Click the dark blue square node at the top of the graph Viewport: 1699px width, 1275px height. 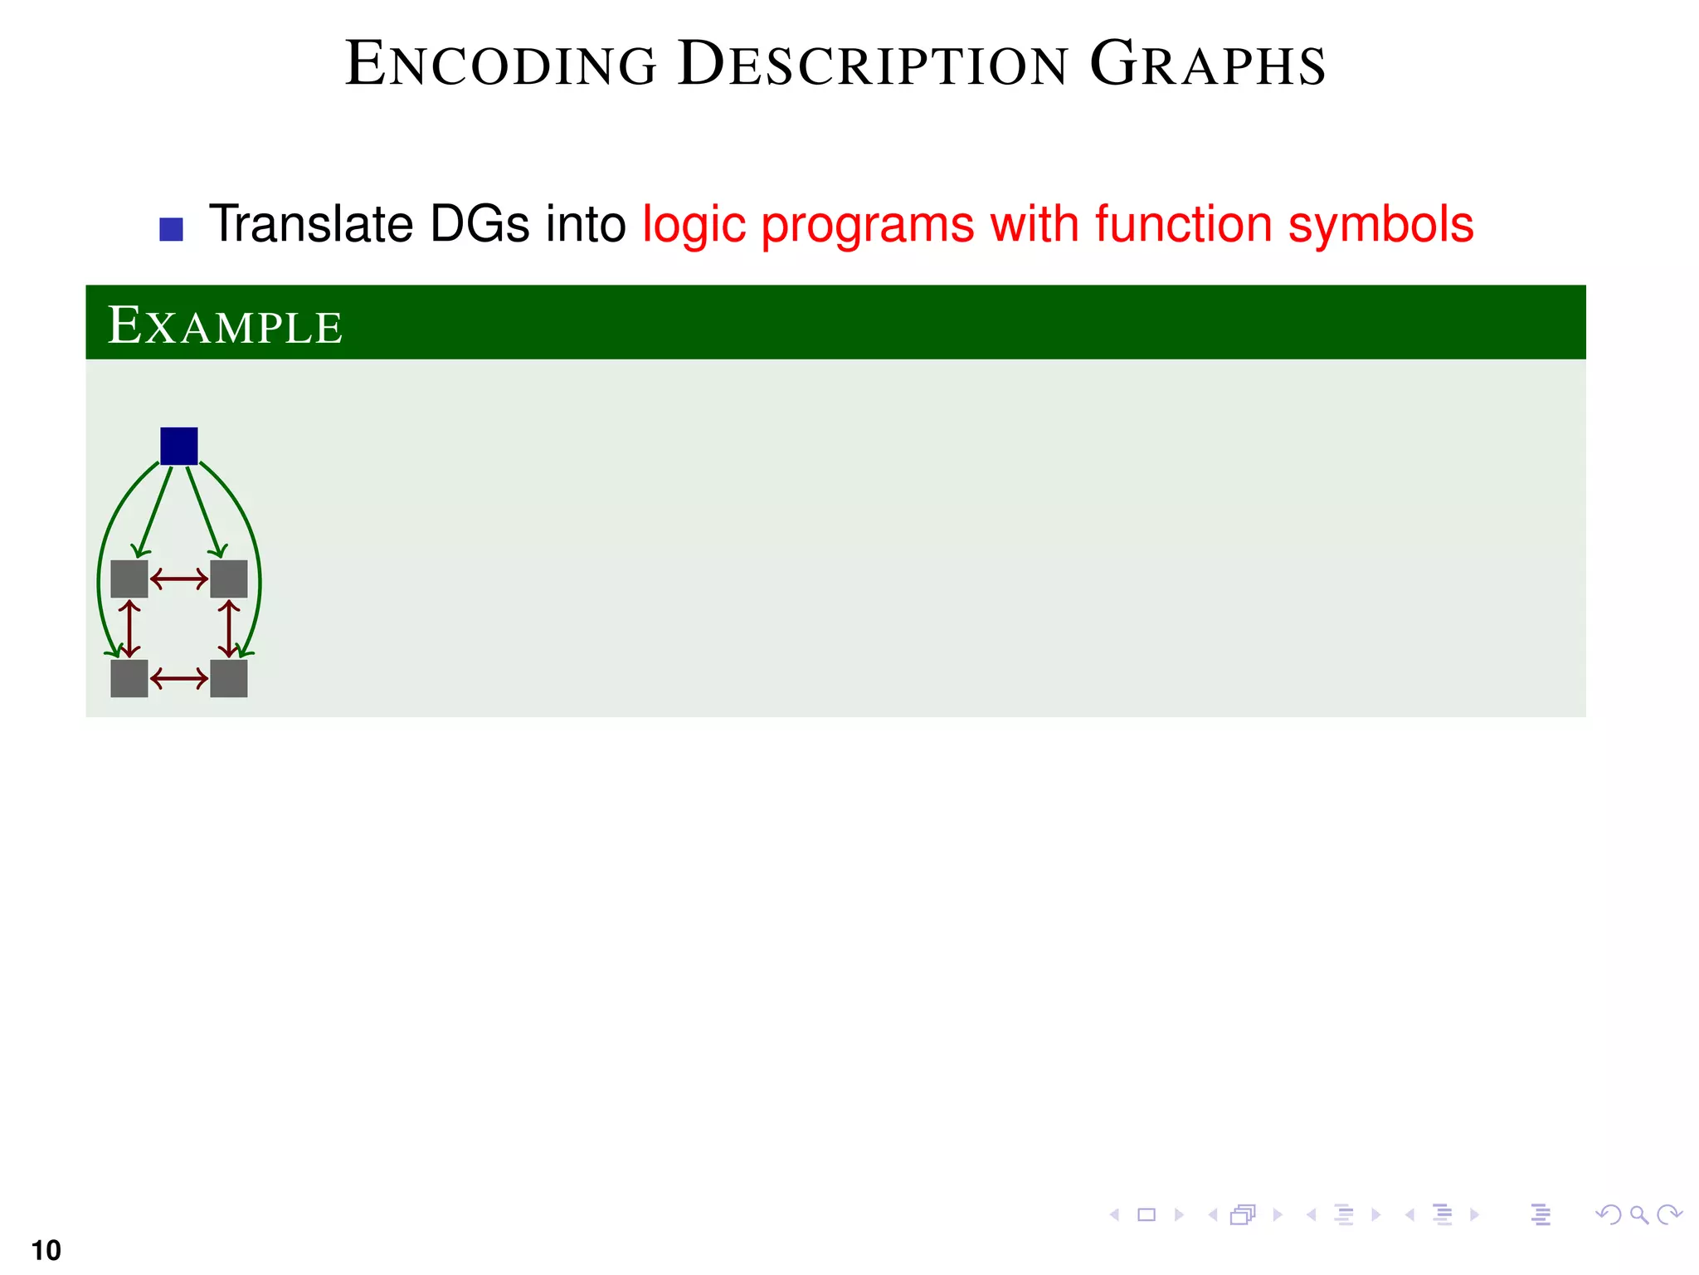178,446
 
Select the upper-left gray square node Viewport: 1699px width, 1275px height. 129,579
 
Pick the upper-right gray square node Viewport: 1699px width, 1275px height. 229,579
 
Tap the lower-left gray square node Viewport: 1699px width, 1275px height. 129,678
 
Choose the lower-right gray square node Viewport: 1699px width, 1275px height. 229,678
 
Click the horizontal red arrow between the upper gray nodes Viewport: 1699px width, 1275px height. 179,579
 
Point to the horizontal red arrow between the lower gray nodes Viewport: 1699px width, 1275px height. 179,679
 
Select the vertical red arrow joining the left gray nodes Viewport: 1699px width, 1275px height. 129,628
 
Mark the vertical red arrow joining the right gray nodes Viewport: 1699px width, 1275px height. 229,628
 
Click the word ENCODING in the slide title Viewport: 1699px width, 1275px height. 501,65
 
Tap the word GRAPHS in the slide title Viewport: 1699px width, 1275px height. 1208,65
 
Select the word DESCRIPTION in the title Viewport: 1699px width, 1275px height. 873,65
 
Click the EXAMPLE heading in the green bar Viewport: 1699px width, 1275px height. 225,325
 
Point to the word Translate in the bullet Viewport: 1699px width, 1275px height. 311,224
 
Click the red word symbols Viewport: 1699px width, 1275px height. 1380,224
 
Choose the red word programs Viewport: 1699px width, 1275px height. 867,226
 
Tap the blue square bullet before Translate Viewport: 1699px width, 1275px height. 171,229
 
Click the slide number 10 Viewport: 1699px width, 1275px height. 46,1249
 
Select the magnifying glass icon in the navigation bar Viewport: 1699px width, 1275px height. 1638,1215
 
